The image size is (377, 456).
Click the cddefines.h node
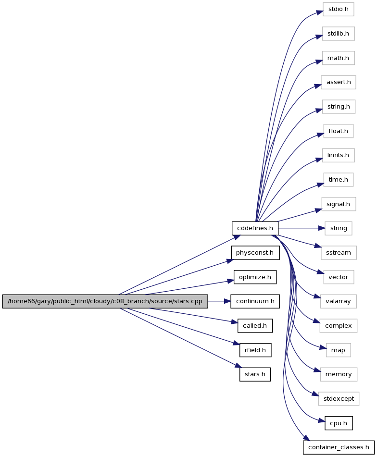point(255,228)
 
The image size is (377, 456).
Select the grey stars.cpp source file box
point(105,301)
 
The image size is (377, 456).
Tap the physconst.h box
point(255,253)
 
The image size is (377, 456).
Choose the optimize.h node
point(255,277)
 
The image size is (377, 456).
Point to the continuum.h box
point(255,301)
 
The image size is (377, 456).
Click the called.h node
point(255,326)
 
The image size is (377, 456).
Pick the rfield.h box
point(255,350)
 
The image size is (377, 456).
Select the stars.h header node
point(255,374)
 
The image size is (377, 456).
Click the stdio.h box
point(338,9)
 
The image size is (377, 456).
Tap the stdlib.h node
point(338,34)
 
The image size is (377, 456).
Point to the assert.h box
point(339,82)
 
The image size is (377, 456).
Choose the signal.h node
point(339,204)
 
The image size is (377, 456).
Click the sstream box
point(339,253)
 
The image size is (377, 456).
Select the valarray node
point(338,301)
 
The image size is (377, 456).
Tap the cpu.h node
point(339,423)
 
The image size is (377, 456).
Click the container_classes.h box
point(339,447)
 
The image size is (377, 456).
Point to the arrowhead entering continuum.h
point(227,301)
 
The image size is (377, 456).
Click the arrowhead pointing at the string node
point(322,228)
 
